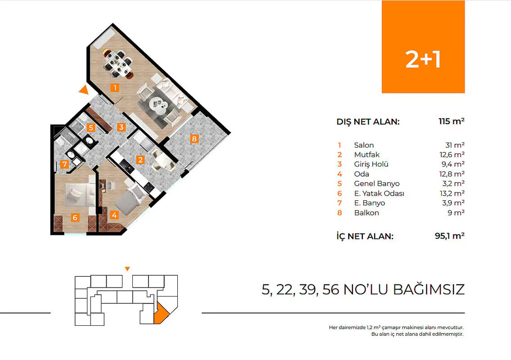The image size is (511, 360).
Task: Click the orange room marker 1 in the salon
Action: coord(115,88)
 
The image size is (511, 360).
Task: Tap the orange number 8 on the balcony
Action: coord(194,139)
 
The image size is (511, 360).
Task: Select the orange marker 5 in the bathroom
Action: coord(91,127)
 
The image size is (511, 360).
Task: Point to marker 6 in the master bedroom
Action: coord(75,217)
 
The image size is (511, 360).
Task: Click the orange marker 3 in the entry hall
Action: coord(121,127)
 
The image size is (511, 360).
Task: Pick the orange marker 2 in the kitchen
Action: coord(140,160)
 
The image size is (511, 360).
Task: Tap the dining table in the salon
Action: coord(118,63)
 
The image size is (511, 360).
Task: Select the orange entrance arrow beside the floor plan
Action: coord(84,90)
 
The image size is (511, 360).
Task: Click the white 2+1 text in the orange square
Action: coord(423,59)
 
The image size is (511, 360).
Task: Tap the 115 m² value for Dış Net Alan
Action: coord(452,121)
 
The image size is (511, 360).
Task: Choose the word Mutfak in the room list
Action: coord(366,155)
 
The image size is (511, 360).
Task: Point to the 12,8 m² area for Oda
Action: coord(452,174)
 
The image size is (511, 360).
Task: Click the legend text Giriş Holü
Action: coord(371,164)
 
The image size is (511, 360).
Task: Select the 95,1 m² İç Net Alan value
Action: coord(450,235)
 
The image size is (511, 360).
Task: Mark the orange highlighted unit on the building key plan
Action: coord(161,313)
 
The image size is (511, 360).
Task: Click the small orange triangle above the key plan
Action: coord(127,269)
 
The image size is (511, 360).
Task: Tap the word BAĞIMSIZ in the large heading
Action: coord(429,290)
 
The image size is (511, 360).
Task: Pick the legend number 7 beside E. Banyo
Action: coord(339,203)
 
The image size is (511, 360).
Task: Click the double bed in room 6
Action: coord(77,194)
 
